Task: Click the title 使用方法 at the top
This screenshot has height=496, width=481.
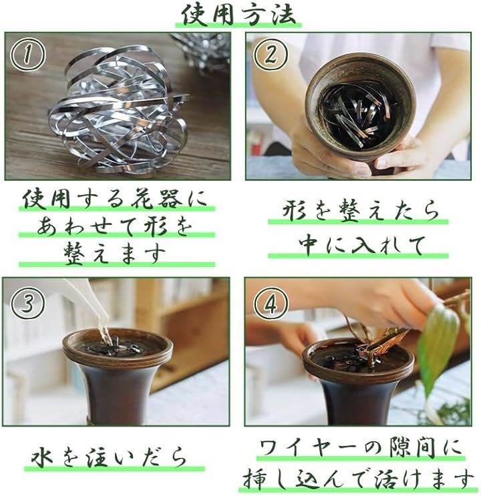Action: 239,15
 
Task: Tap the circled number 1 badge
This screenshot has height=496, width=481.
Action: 28,55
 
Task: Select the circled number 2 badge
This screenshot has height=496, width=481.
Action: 271,55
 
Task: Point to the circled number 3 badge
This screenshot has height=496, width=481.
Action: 27,303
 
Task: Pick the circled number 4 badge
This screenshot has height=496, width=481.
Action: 271,304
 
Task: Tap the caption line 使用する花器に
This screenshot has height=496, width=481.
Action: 116,200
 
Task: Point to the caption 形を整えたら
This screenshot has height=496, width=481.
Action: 360,210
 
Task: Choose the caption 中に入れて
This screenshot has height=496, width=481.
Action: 360,244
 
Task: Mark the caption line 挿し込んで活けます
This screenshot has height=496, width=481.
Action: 359,479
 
